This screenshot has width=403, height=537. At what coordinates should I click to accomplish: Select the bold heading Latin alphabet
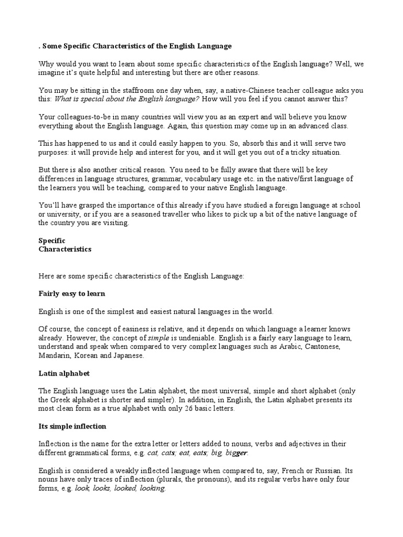coord(64,373)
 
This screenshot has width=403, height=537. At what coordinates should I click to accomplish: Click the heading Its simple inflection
coord(72,426)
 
